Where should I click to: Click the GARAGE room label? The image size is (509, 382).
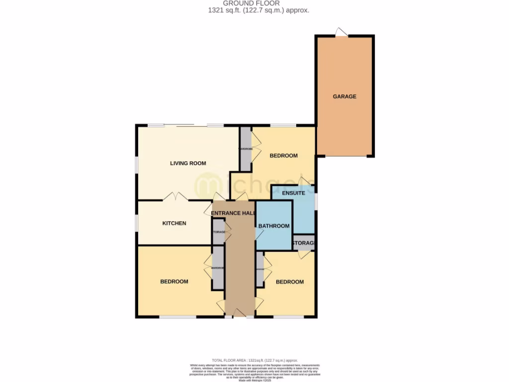click(x=344, y=96)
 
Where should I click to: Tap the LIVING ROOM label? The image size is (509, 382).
click(x=188, y=163)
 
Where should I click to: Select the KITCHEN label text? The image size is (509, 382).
click(x=174, y=223)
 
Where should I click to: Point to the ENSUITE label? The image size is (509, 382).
click(x=293, y=193)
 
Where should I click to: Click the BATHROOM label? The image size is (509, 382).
click(x=273, y=226)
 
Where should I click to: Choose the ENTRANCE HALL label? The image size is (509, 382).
click(x=233, y=213)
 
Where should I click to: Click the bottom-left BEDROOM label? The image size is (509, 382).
click(x=174, y=282)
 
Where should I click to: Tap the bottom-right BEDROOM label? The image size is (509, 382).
click(x=289, y=282)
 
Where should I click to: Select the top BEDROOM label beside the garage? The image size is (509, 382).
click(x=283, y=156)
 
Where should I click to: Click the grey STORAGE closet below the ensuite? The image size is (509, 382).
click(x=303, y=243)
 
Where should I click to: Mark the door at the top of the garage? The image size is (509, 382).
click(x=341, y=32)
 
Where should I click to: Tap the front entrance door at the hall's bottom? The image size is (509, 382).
click(x=240, y=313)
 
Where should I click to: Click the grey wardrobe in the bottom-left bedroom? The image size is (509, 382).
click(x=218, y=268)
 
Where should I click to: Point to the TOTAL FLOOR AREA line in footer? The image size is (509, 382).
click(x=254, y=360)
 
